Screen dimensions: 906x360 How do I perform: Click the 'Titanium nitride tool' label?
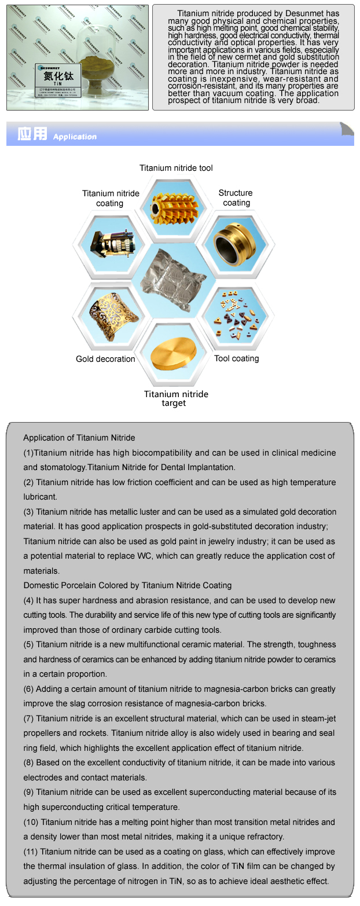point(176,168)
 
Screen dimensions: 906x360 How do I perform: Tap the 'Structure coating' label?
point(236,197)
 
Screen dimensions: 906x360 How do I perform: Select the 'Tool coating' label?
point(236,358)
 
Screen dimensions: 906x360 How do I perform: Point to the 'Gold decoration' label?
point(105,359)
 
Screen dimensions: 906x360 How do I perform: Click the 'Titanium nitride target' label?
point(176,398)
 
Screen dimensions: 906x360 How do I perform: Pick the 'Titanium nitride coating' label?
point(111,198)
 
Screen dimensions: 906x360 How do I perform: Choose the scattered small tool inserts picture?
point(237,315)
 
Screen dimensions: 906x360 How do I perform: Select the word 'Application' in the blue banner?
point(75,137)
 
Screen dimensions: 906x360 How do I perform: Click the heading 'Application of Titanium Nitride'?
point(79,438)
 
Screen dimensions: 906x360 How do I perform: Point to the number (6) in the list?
point(29,689)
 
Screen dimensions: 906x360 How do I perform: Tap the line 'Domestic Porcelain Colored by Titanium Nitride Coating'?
point(127,585)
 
